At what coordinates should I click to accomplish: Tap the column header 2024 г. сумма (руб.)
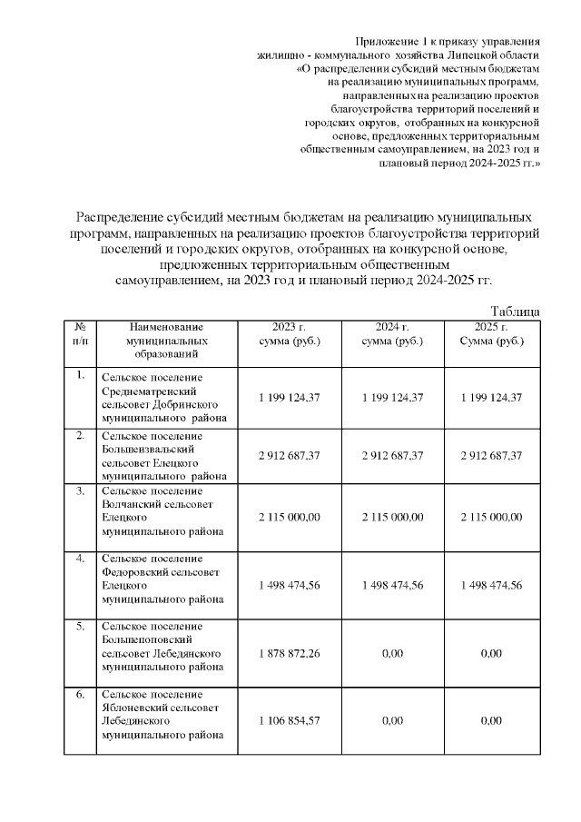[392, 334]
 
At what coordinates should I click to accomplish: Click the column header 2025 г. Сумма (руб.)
[491, 334]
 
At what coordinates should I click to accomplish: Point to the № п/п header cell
[80, 334]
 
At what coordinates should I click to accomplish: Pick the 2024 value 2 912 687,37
[392, 455]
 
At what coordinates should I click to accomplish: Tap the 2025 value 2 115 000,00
[491, 517]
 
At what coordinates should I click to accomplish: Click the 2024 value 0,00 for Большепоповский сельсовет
[392, 653]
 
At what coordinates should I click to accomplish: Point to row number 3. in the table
[80, 492]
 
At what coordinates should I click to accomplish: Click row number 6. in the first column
[80, 696]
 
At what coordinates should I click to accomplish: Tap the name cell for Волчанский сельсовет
[159, 511]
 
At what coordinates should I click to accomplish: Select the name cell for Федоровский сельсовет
[159, 579]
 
